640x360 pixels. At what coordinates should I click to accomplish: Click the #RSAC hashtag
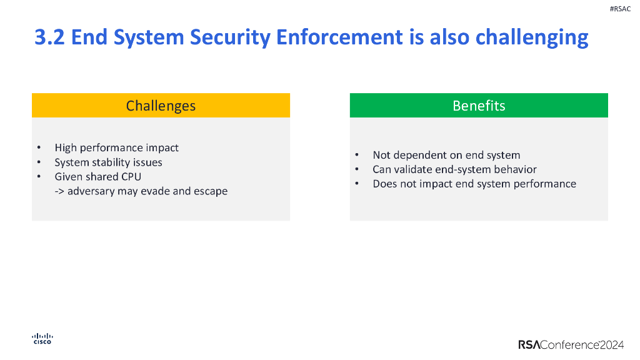[619, 9]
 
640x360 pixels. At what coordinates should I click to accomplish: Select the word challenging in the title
[532, 37]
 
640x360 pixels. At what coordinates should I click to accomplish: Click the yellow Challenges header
[161, 106]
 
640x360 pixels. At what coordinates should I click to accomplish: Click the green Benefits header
[479, 106]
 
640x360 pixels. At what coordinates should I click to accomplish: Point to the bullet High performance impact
[116, 147]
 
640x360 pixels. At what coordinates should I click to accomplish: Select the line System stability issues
[108, 162]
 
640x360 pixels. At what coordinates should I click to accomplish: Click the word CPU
[129, 177]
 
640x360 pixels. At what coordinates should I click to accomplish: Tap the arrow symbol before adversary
[59, 191]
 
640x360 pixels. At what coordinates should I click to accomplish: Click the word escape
[211, 191]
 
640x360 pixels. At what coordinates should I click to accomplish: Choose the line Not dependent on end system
[446, 155]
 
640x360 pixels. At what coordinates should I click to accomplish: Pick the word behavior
[514, 169]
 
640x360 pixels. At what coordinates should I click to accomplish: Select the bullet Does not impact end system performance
[474, 184]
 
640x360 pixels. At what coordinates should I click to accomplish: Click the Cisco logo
[42, 338]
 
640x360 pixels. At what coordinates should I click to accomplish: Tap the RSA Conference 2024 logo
[571, 344]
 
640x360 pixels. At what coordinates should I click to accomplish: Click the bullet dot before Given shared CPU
[38, 177]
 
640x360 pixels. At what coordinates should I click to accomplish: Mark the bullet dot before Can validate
[356, 169]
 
